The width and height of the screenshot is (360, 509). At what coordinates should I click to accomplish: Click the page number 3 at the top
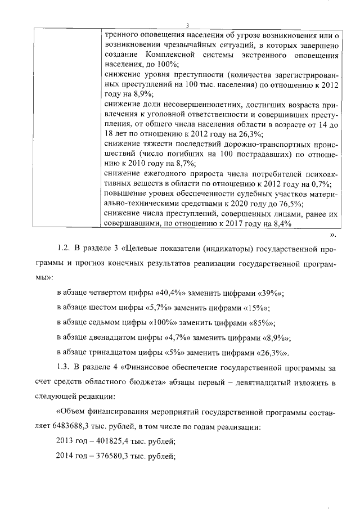[x=188, y=24]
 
